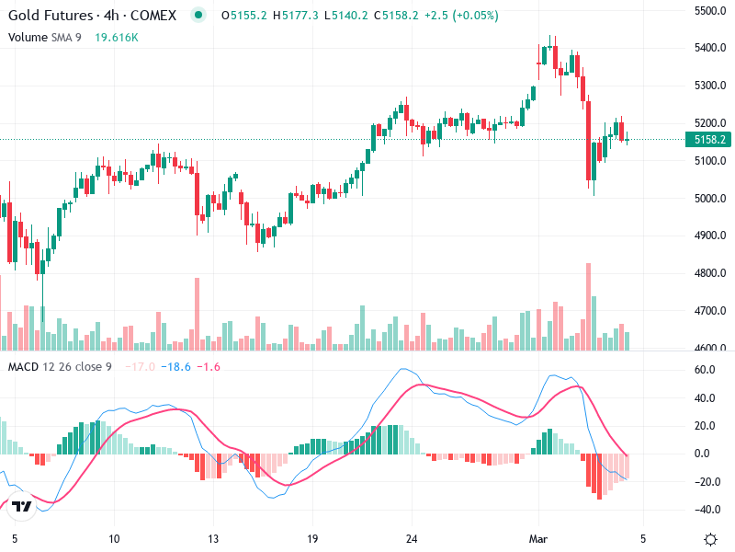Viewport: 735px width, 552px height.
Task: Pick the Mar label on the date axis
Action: pos(539,538)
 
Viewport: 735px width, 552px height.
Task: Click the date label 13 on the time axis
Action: pos(213,538)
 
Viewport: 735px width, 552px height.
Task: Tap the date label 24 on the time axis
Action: pos(412,538)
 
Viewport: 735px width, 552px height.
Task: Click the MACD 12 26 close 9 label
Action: pos(61,367)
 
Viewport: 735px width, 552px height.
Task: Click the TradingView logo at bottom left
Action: pos(22,506)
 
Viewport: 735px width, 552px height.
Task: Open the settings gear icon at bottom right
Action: pos(710,538)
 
